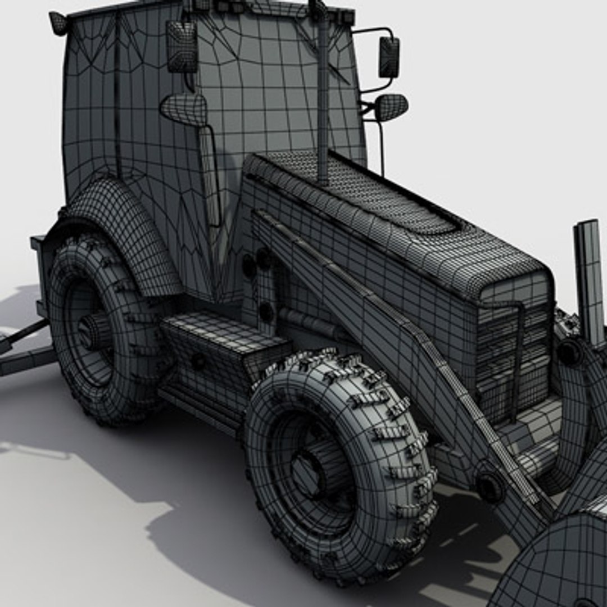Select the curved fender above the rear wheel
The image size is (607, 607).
[121, 225]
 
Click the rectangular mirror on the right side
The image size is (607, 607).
[389, 57]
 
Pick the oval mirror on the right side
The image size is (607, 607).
[391, 107]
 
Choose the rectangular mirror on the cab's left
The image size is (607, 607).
[182, 46]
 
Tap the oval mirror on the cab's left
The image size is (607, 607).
[184, 108]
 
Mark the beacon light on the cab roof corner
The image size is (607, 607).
[58, 22]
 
